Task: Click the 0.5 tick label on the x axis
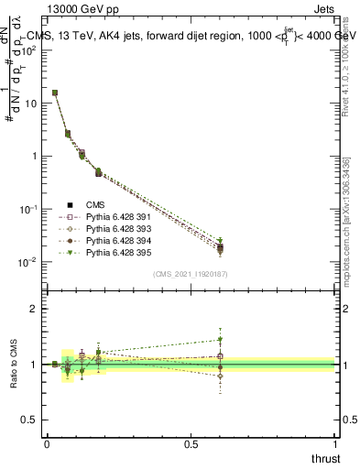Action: coord(190,443)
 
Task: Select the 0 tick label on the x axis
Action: coord(46,443)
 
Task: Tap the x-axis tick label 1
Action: coord(335,443)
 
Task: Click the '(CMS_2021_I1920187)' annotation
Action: coord(190,274)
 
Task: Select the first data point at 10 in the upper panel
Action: coord(55,93)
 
